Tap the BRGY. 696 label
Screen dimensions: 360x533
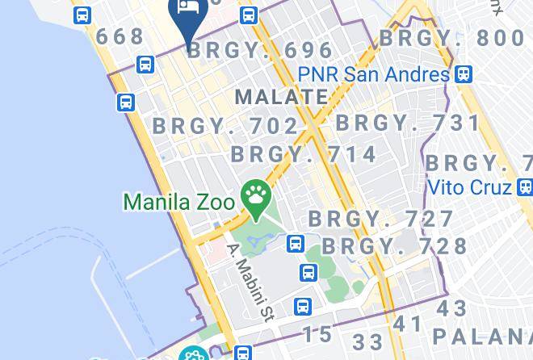click(x=261, y=50)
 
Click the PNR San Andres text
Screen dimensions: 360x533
click(x=372, y=74)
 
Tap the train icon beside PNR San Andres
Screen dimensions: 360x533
click(x=463, y=74)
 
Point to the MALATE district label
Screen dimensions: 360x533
click(x=281, y=97)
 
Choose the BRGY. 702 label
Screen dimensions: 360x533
click(x=226, y=126)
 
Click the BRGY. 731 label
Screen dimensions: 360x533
click(x=408, y=123)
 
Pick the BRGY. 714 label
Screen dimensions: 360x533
click(x=304, y=153)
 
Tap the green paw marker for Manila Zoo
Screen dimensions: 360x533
click(x=257, y=196)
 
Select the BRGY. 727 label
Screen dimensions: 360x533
click(x=381, y=219)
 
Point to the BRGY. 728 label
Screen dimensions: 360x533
click(x=395, y=245)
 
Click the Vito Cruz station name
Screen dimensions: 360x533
click(x=469, y=187)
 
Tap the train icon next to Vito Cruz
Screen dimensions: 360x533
click(x=525, y=187)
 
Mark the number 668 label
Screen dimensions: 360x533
click(x=120, y=36)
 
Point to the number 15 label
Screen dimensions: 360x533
click(x=319, y=333)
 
